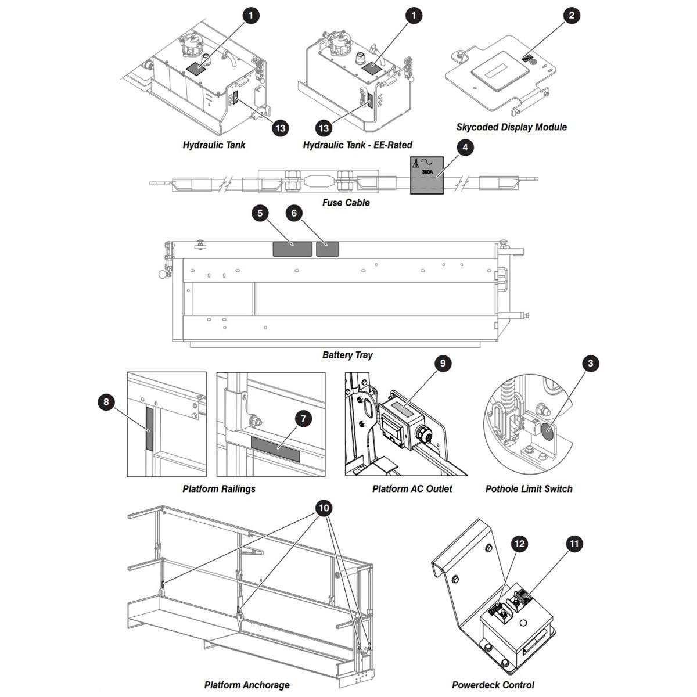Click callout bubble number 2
point(571,16)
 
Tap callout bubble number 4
point(465,148)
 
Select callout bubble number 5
point(260,213)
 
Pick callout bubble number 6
point(294,213)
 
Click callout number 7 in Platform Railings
point(303,418)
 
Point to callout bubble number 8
point(106,402)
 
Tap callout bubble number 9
point(443,363)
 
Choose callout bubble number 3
point(591,363)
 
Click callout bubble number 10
point(324,508)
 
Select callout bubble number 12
point(519,544)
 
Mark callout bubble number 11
point(574,544)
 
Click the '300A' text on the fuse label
point(427,172)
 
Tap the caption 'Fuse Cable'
point(346,203)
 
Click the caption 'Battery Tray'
point(347,355)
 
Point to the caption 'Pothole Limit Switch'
point(529,489)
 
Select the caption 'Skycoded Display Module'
point(512,127)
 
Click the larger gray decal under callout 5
point(292,249)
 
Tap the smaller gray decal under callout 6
point(328,249)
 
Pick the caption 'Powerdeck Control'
point(493,685)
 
